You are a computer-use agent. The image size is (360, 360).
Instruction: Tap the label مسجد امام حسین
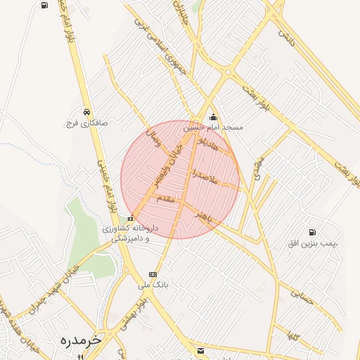214,128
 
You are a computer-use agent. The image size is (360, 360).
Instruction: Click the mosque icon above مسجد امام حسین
214,117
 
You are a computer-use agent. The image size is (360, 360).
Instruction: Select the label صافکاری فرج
86,122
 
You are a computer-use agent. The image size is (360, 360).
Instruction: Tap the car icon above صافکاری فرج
86,111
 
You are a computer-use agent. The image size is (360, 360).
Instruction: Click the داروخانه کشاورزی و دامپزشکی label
131,233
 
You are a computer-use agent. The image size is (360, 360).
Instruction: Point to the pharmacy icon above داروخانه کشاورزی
131,219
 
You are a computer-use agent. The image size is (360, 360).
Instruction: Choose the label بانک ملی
154,286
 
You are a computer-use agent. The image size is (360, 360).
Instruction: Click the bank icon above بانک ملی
153,275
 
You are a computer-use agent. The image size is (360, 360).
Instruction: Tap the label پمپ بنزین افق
313,243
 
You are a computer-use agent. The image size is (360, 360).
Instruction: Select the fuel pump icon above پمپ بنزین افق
312,233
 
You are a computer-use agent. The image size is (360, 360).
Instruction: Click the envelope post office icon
201,350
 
